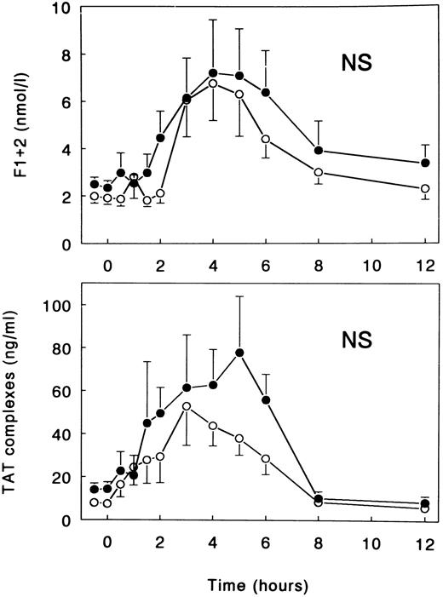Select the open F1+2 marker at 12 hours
point(424,189)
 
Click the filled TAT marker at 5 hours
point(239,353)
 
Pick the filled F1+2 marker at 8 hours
point(319,151)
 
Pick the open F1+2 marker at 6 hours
point(266,139)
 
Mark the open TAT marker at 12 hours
point(424,508)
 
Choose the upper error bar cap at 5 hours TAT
point(239,296)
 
